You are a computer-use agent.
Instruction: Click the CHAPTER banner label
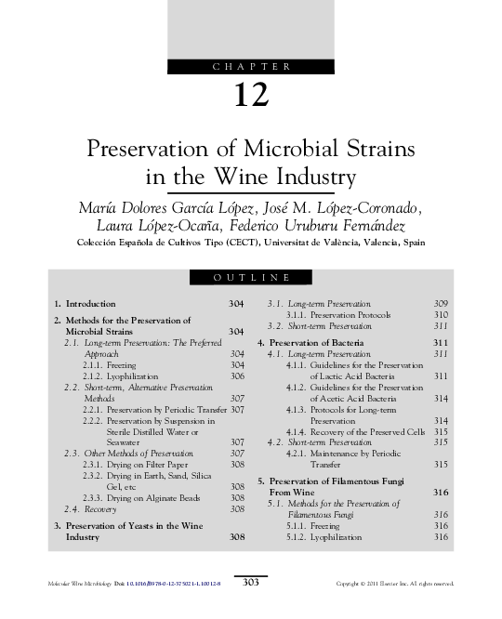pyautogui.click(x=250, y=66)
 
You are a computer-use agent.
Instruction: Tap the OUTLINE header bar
pyautogui.click(x=250, y=277)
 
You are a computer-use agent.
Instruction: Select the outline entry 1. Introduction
pyautogui.click(x=85, y=304)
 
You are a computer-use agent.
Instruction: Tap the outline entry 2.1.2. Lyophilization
pyautogui.click(x=112, y=376)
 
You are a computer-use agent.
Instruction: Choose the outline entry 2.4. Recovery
pyautogui.click(x=90, y=509)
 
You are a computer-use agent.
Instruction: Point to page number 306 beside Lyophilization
pyautogui.click(x=236, y=376)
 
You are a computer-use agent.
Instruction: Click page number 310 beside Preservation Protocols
pyautogui.click(x=441, y=315)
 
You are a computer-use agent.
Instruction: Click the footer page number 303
pyautogui.click(x=250, y=582)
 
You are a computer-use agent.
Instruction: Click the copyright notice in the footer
pyautogui.click(x=395, y=583)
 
